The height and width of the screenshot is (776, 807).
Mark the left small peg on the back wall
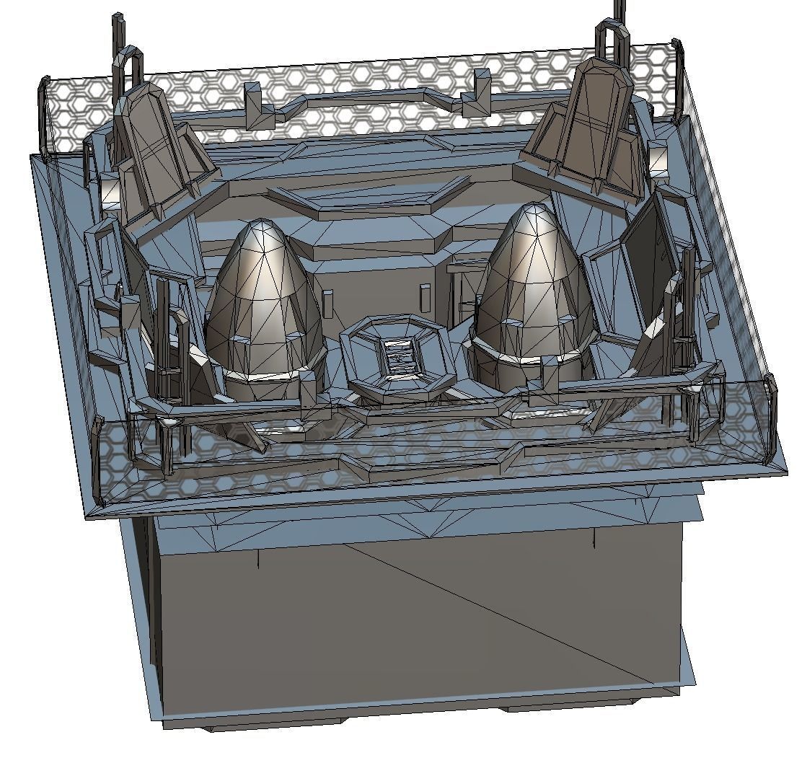point(328,304)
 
